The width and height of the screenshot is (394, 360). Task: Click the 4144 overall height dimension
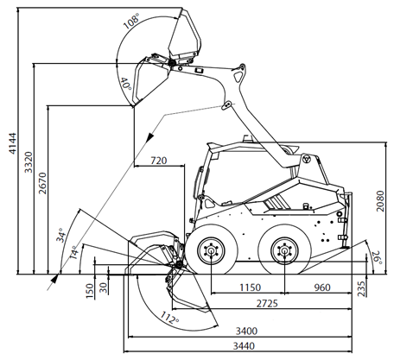tap(12, 143)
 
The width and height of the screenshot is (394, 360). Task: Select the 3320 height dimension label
tap(29, 162)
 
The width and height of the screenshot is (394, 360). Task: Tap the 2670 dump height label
tap(42, 183)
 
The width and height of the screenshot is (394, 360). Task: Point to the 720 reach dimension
tap(159, 161)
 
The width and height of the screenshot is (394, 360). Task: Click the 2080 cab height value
tap(380, 201)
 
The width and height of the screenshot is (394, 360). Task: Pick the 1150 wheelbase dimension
tap(251, 287)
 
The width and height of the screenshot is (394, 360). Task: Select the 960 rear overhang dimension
tap(322, 287)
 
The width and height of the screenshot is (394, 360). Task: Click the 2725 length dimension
tap(267, 303)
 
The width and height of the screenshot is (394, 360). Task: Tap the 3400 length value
tap(246, 331)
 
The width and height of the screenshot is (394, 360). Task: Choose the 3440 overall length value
tap(244, 345)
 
